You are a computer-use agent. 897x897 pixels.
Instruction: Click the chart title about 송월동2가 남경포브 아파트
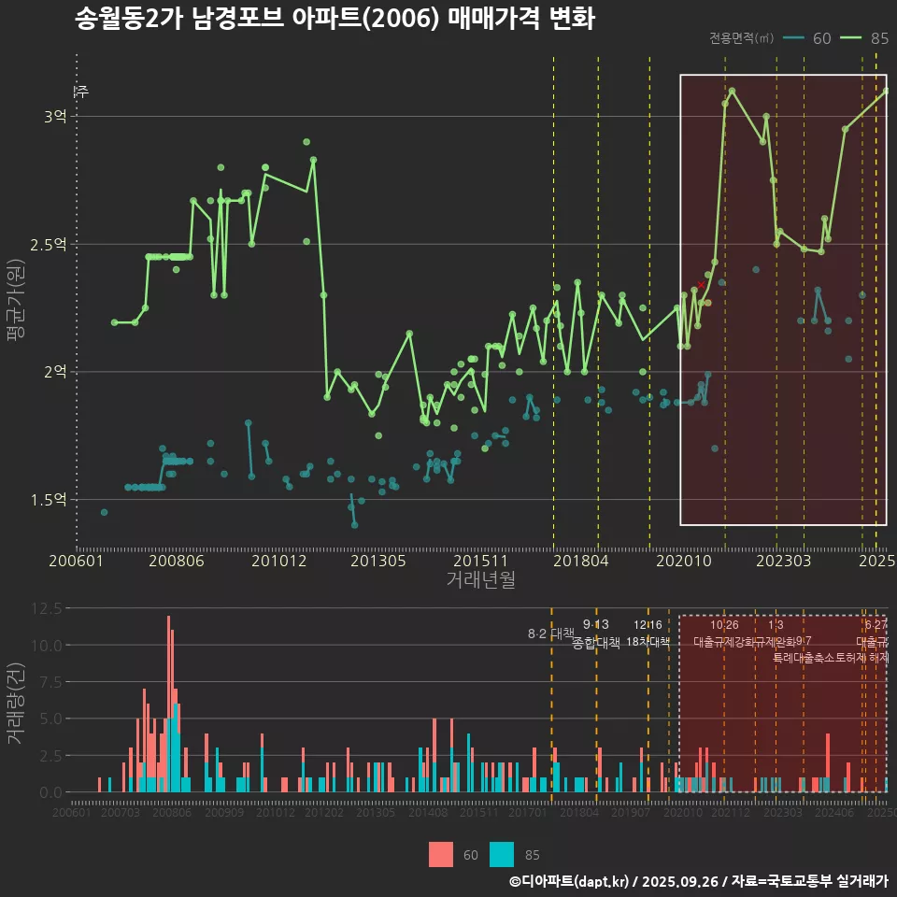[x=335, y=19]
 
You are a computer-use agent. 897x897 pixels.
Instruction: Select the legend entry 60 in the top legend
[x=821, y=38]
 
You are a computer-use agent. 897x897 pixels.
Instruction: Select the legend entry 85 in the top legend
[x=878, y=38]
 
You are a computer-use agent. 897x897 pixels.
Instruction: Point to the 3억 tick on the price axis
[x=54, y=117]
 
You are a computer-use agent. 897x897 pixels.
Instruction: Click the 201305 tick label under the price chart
[x=377, y=561]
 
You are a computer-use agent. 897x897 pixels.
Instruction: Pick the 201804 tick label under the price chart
[x=581, y=561]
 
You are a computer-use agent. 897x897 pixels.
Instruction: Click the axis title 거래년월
[x=480, y=579]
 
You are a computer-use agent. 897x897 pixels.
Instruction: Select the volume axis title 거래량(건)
[x=15, y=703]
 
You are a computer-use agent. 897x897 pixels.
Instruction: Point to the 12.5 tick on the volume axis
[x=47, y=608]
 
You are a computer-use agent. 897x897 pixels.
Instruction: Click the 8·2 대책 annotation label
[x=550, y=634]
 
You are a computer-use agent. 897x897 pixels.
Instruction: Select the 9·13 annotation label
[x=595, y=624]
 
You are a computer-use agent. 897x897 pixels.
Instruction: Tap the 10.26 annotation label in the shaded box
[x=724, y=625]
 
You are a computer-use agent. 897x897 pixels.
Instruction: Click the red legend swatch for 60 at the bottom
[x=441, y=854]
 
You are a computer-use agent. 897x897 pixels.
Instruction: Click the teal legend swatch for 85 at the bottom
[x=502, y=854]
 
